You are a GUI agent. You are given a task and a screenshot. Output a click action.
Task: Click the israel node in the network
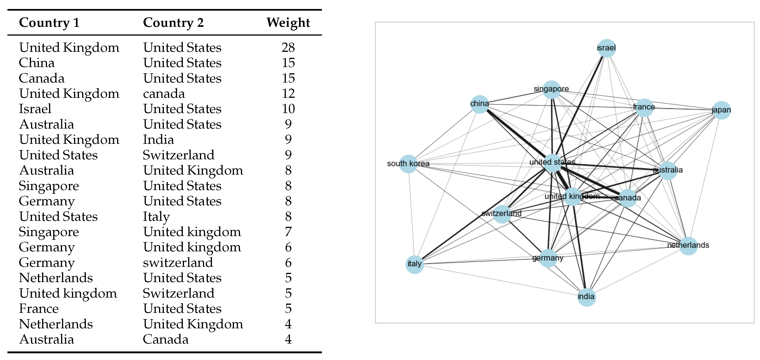(606, 48)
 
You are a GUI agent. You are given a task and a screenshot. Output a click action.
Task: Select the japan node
(721, 110)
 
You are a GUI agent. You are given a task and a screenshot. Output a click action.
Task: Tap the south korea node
(408, 164)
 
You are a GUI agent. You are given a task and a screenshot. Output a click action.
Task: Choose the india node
(586, 297)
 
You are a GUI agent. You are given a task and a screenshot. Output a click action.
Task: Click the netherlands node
(688, 246)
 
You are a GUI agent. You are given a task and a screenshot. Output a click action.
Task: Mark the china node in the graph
(480, 104)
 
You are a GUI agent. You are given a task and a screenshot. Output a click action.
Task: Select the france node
(644, 107)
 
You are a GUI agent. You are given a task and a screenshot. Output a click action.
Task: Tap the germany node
(548, 258)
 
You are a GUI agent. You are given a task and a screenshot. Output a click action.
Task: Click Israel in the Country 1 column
(35, 109)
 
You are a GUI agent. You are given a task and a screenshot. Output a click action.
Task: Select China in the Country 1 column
(37, 63)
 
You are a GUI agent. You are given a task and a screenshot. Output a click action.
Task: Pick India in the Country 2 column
(159, 139)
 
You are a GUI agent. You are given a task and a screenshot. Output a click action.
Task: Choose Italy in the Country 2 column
(156, 217)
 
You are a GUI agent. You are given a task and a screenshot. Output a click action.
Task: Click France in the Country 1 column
(39, 309)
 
